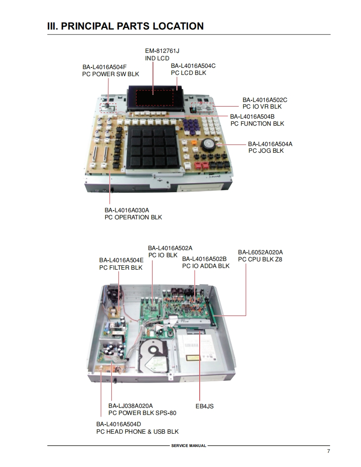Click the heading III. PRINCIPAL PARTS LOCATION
(125, 26)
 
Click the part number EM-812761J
(162, 51)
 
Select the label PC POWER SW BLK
(110, 74)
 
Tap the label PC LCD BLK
(188, 73)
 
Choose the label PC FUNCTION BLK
(257, 124)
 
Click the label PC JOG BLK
(266, 151)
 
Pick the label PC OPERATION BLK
(133, 217)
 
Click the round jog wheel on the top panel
(208, 145)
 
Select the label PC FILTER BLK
(120, 268)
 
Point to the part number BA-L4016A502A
(170, 248)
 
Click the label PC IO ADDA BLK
(206, 266)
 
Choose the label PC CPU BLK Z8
(260, 259)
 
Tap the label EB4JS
(204, 406)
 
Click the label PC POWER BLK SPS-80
(142, 413)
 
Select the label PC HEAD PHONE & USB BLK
(137, 432)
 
